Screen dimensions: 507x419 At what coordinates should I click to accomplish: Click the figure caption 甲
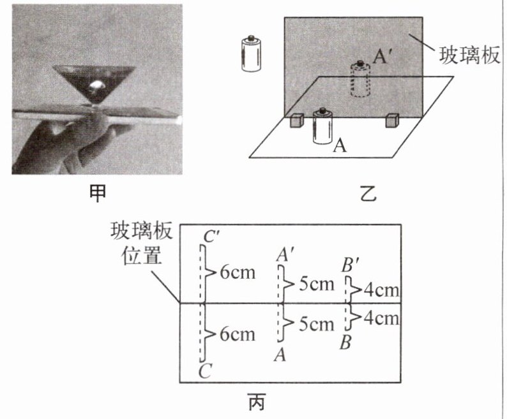click(x=98, y=193)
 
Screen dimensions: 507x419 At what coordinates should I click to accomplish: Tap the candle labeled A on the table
click(x=322, y=126)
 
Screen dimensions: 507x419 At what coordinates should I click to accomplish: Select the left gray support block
click(x=297, y=122)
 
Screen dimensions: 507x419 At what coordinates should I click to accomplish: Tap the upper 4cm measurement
click(x=381, y=291)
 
